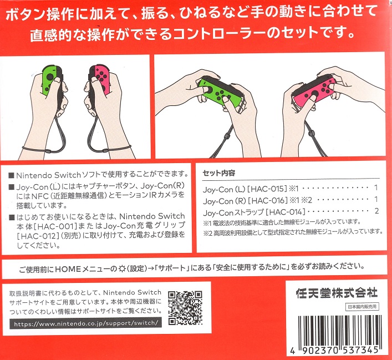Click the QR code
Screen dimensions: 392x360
click(x=185, y=308)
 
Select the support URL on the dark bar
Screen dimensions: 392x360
click(x=86, y=323)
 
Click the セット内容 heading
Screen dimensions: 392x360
click(x=219, y=173)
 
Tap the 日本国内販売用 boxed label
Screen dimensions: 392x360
click(x=362, y=306)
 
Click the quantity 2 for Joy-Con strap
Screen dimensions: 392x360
click(x=376, y=211)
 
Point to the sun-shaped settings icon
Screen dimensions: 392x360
click(x=122, y=268)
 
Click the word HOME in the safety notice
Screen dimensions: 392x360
click(x=68, y=269)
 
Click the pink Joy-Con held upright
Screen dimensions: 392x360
click(x=100, y=79)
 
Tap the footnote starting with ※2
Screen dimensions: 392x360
click(x=293, y=232)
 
